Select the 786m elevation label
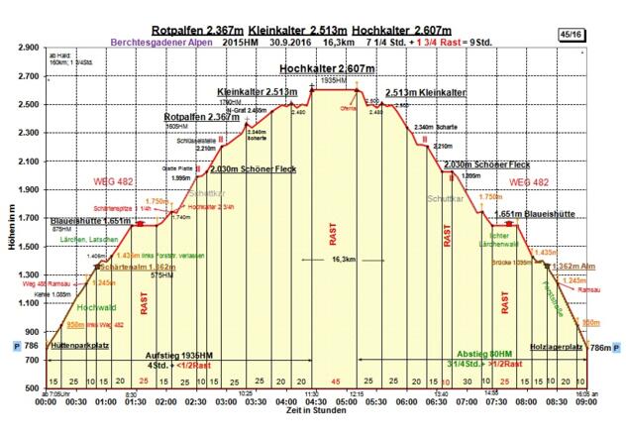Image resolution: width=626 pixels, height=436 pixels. coord(599,348)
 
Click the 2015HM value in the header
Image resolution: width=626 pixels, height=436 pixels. coord(238,44)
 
